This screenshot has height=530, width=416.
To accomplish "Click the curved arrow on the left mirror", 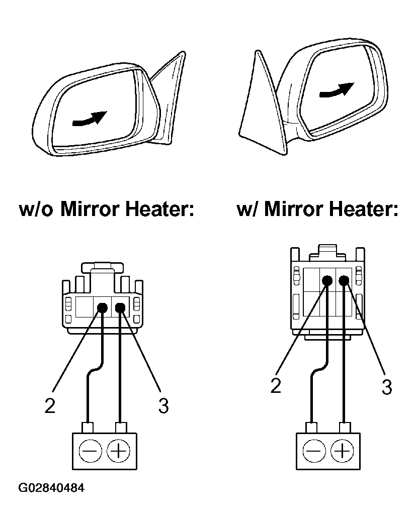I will point(90,119).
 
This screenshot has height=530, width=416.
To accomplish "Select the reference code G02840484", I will point(51,488).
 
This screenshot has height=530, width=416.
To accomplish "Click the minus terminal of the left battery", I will point(90,451).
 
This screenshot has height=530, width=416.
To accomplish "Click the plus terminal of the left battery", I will point(119,451).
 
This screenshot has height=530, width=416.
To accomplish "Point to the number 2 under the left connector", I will point(49,405).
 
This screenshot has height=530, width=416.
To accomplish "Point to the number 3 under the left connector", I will point(163,405).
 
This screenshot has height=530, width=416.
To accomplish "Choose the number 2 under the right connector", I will point(275,385).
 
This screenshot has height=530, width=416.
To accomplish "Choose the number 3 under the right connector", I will point(386,387).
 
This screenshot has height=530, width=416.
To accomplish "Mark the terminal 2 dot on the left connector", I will point(103,308).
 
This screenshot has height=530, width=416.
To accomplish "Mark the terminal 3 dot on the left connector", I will point(120,308).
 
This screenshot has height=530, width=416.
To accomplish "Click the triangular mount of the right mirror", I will point(262,111).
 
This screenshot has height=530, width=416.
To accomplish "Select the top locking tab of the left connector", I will point(103,267).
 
